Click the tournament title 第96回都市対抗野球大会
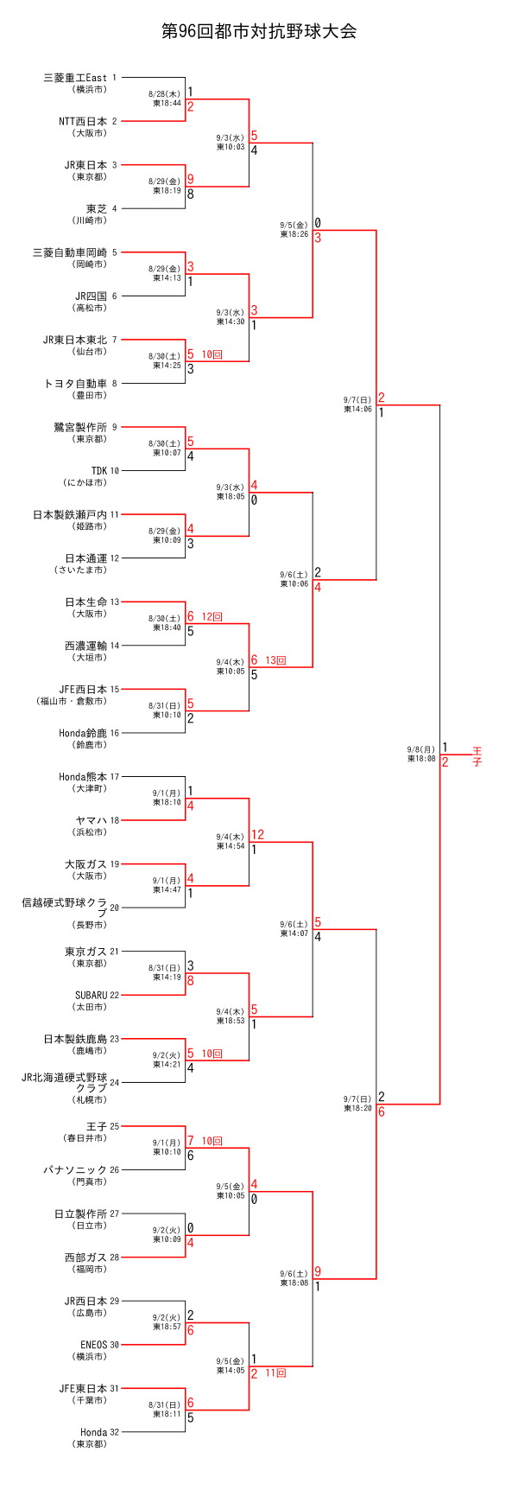click(259, 32)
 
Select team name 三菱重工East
click(75, 78)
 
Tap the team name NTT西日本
click(83, 122)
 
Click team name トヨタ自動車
click(75, 384)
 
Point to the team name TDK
click(98, 471)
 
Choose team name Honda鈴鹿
click(83, 733)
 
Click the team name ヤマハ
click(92, 820)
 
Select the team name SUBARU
click(91, 995)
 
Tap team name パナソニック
click(75, 1170)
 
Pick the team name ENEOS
click(93, 1345)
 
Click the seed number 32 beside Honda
click(115, 1432)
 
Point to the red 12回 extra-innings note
click(212, 617)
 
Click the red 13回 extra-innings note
click(275, 660)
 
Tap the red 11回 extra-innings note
click(275, 1372)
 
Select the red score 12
click(257, 835)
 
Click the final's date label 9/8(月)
click(421, 749)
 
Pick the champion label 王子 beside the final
click(477, 756)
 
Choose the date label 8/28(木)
click(164, 93)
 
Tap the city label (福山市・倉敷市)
click(72, 701)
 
